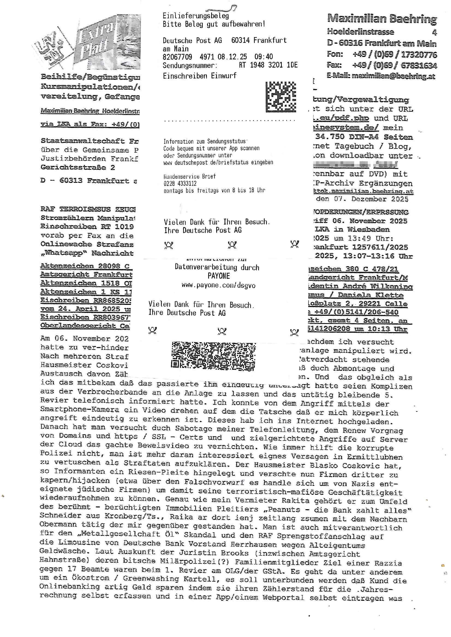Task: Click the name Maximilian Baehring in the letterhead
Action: coord(382,19)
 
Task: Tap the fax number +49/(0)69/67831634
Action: coord(394,65)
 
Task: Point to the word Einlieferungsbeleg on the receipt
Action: coord(196,16)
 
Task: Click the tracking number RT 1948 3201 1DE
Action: coord(268,65)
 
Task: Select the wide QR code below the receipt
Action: coord(213,356)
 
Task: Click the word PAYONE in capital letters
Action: coord(219,276)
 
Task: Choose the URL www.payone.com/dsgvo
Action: coord(219,285)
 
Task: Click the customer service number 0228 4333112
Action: coord(180,183)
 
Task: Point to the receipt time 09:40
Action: coord(264,57)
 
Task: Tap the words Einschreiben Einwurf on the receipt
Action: coord(199,76)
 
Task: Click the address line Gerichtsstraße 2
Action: coord(77,167)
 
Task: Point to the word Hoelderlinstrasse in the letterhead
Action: coord(360,32)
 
